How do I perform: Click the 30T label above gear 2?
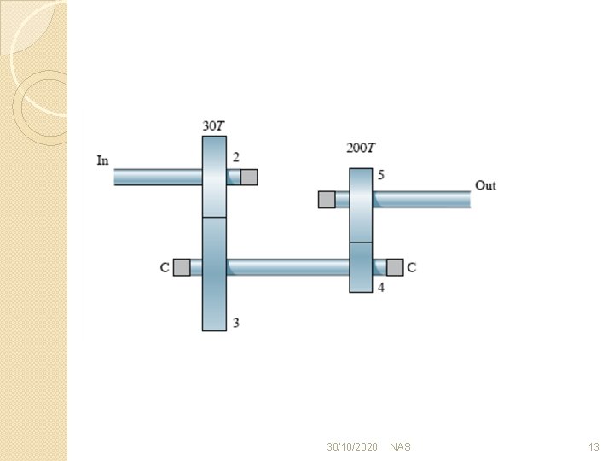(x=213, y=126)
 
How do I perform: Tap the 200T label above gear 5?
(x=361, y=149)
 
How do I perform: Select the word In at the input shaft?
(x=102, y=160)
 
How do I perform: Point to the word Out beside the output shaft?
(x=485, y=185)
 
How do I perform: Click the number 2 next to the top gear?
(x=235, y=157)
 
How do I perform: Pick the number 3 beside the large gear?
(x=235, y=323)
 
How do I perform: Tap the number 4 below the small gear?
(x=381, y=288)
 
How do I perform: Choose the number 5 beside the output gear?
(x=381, y=175)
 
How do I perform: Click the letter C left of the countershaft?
(x=165, y=267)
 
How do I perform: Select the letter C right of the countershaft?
(x=411, y=267)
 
